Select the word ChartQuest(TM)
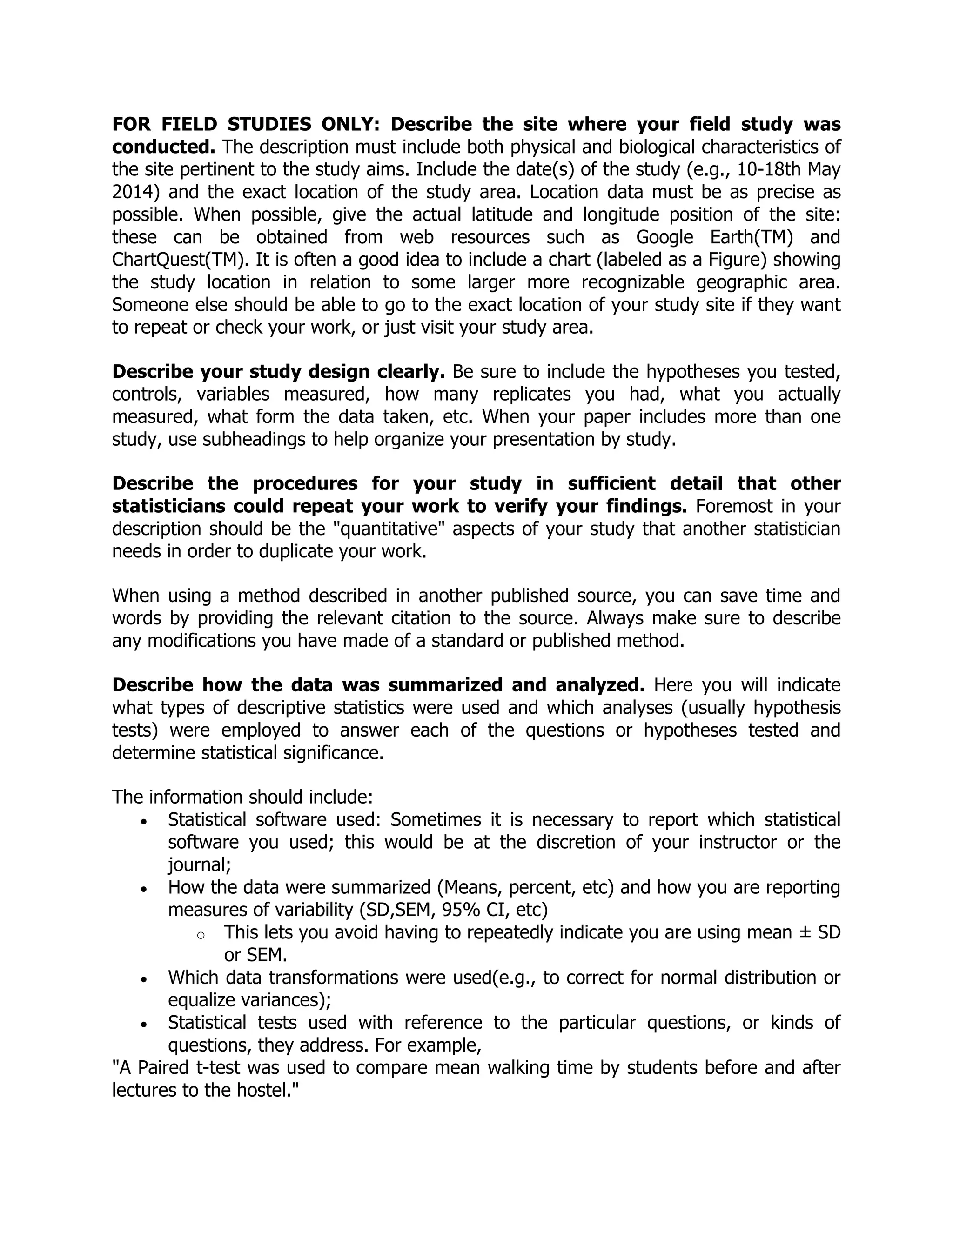[180, 260]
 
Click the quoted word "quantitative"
[387, 529]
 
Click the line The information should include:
[242, 797]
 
